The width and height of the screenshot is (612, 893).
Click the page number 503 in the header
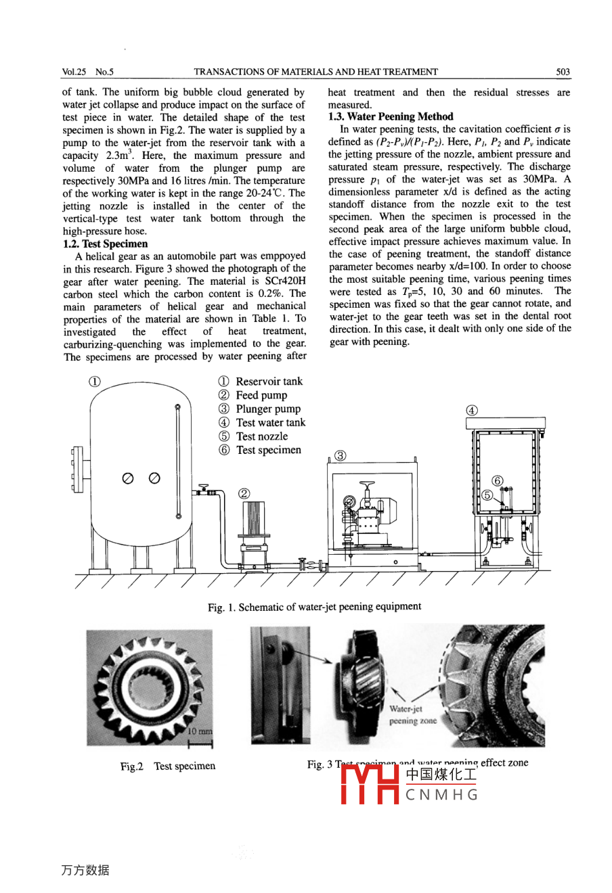(x=563, y=72)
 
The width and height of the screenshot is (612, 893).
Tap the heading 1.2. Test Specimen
(x=105, y=244)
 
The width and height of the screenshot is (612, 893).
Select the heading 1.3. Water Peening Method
(x=391, y=116)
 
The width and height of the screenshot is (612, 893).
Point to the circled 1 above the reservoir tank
(x=95, y=381)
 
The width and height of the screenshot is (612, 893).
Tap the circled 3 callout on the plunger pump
(x=341, y=455)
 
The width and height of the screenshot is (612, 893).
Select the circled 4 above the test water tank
(x=472, y=410)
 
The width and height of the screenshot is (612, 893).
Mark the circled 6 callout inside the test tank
(x=498, y=481)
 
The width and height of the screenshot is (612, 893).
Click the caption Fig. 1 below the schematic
(x=314, y=607)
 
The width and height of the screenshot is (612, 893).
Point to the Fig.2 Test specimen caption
(x=168, y=766)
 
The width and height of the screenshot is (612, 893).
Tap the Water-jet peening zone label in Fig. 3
(x=412, y=715)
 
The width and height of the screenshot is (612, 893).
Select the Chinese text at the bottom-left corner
(x=85, y=870)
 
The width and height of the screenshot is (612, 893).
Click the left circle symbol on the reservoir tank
(x=127, y=478)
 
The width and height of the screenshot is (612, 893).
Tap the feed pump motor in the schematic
(x=255, y=518)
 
